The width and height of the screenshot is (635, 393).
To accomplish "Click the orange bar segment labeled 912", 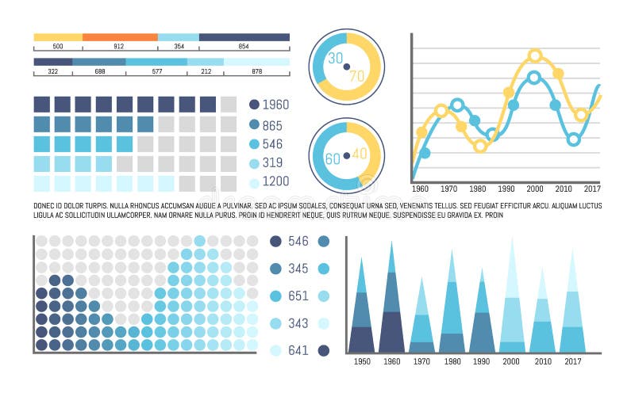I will click(120, 36).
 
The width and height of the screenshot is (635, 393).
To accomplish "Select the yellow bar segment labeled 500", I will click(58, 36).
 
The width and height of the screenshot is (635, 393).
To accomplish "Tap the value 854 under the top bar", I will click(244, 47).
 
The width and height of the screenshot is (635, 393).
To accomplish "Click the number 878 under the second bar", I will click(256, 72).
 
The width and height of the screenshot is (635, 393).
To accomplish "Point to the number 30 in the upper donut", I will click(335, 58).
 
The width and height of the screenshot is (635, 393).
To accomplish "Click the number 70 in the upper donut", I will click(357, 76).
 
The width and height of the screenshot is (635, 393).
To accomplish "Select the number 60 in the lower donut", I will click(333, 158).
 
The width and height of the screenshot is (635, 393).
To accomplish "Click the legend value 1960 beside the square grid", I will click(275, 105).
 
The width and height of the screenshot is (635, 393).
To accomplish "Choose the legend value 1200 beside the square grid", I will click(275, 181).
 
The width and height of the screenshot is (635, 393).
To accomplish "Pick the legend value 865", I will click(272, 124).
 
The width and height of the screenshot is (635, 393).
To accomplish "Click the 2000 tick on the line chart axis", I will click(534, 189).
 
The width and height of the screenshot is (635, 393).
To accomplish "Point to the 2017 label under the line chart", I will click(591, 189).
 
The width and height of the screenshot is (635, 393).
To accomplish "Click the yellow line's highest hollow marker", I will click(535, 55).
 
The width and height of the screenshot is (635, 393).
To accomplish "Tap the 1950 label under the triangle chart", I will click(361, 361).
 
